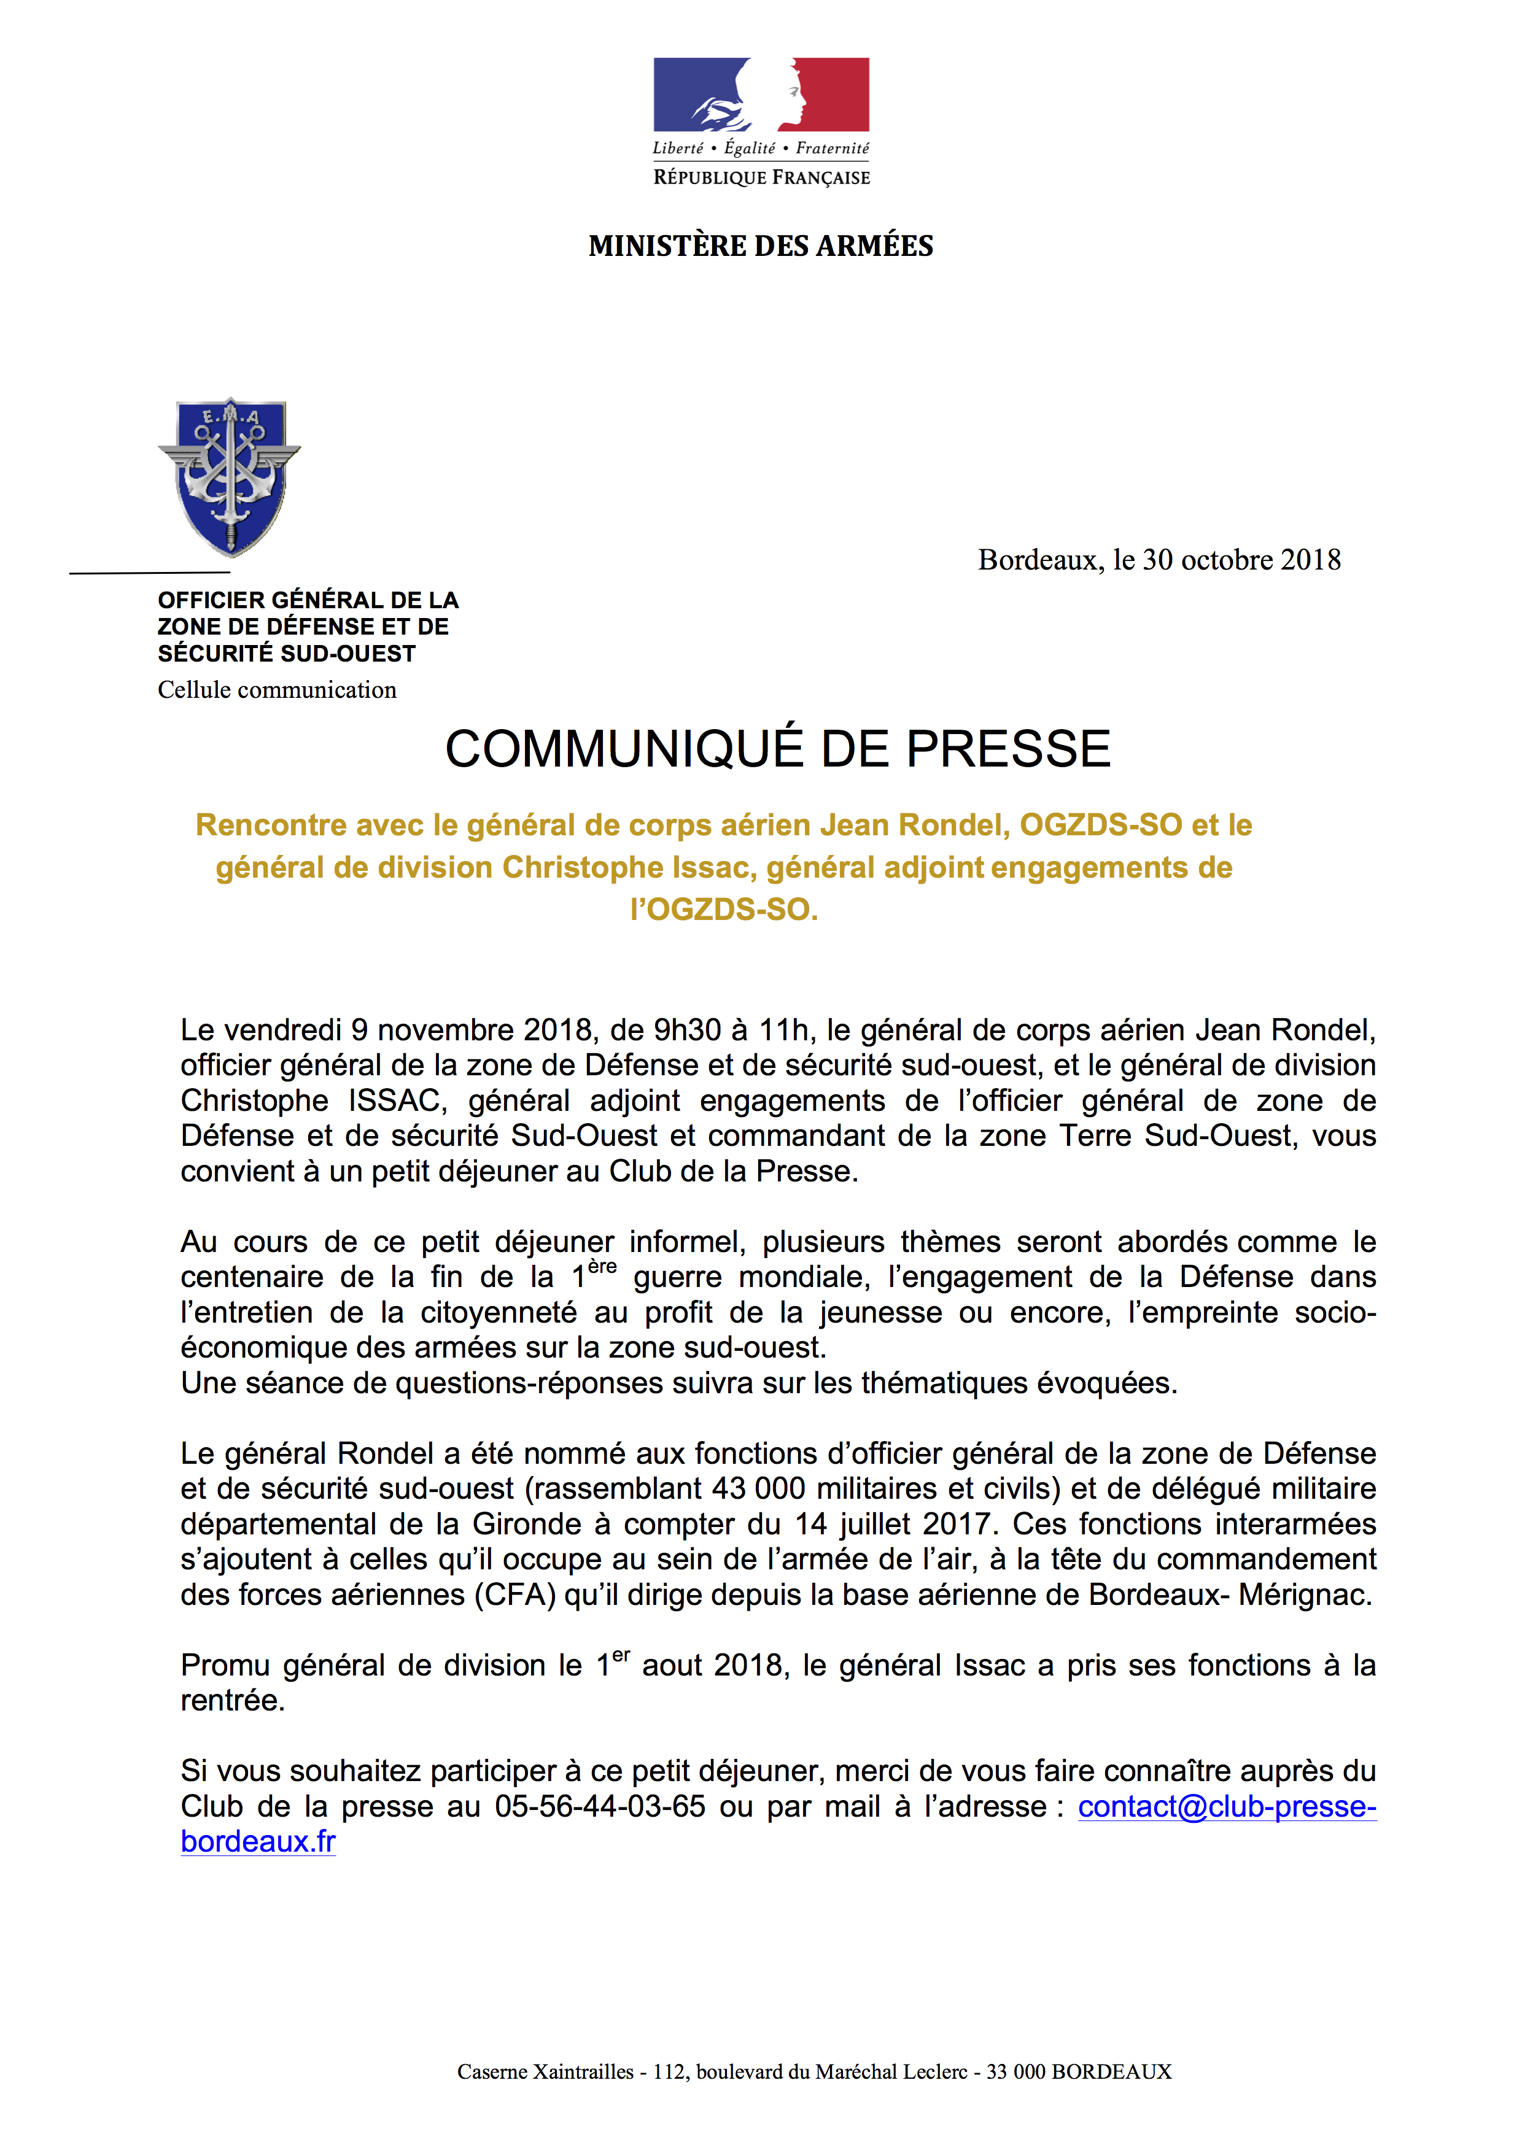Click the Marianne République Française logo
coord(761,120)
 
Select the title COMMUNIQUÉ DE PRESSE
coord(777,749)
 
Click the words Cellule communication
coord(277,690)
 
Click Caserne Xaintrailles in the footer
coord(545,2071)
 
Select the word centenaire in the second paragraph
coord(251,1277)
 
